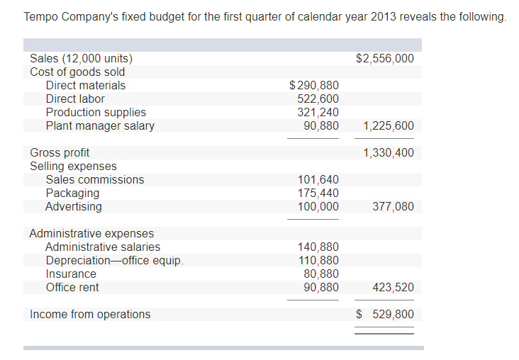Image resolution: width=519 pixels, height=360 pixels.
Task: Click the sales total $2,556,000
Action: coord(384,58)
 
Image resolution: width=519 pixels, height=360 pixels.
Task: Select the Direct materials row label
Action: coord(85,85)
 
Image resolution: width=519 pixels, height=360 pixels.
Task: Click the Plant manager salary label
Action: coord(100,125)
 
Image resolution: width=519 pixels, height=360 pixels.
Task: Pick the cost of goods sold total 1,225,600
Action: coord(388,126)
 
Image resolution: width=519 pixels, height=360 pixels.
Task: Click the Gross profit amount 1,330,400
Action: coord(388,152)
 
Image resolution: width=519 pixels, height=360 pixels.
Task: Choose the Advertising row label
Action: coord(73,206)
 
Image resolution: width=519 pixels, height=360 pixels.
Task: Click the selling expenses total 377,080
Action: coord(393,207)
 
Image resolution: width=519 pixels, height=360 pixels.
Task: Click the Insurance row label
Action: coord(71,274)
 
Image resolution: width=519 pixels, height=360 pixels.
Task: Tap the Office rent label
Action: coord(72,287)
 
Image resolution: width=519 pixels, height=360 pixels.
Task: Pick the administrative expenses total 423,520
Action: coord(393,288)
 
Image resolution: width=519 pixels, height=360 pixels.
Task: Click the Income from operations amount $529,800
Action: coord(385,314)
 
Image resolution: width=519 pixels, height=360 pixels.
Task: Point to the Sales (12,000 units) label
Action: coord(81,58)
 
